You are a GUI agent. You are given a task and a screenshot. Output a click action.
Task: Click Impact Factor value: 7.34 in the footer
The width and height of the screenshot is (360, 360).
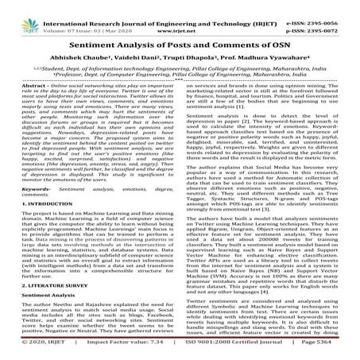pyautogui.click(x=117, y=353)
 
